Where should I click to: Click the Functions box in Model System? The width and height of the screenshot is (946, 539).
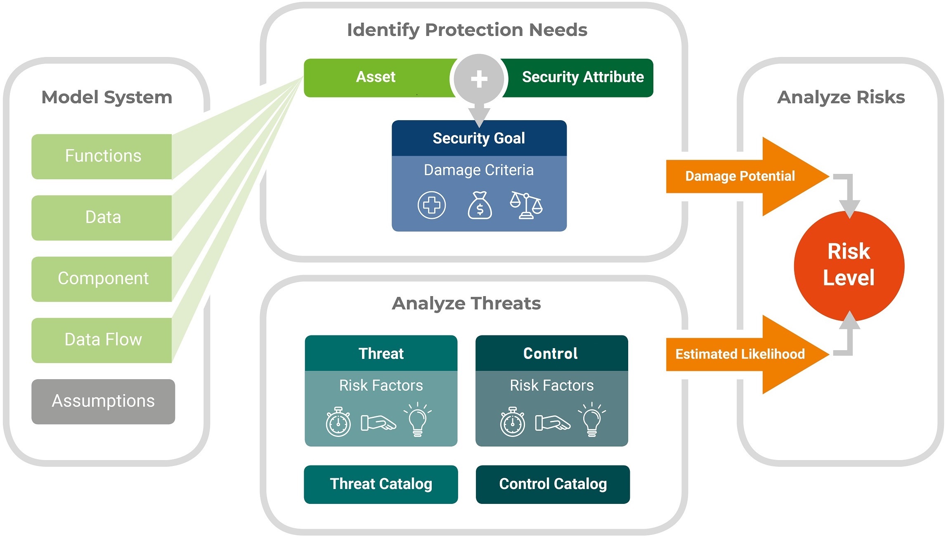pos(102,156)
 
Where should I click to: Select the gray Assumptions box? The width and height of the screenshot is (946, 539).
pos(103,401)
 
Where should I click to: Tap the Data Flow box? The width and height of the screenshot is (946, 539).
pos(102,340)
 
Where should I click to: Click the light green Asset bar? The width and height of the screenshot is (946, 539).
pos(376,77)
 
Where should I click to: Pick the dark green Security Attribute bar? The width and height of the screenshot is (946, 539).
pos(582,77)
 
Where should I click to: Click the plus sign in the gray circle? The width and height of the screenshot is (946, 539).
pos(479,78)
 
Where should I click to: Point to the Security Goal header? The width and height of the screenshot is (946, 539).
pos(479,138)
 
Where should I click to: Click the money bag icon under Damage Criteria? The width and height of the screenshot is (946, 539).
pos(480,205)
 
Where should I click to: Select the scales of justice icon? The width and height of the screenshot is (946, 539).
pos(526,205)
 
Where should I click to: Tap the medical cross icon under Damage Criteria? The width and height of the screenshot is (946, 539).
pos(432,205)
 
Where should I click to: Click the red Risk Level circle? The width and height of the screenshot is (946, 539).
pos(849,265)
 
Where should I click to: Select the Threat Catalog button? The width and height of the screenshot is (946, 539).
pos(381,484)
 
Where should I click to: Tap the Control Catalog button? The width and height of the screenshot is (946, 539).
pos(553,484)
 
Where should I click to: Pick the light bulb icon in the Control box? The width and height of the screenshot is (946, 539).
pos(591,420)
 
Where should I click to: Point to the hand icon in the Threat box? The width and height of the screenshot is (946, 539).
pos(378,423)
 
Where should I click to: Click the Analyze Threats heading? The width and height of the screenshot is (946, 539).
pos(466,304)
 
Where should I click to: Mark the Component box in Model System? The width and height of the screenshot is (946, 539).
pos(102,279)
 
